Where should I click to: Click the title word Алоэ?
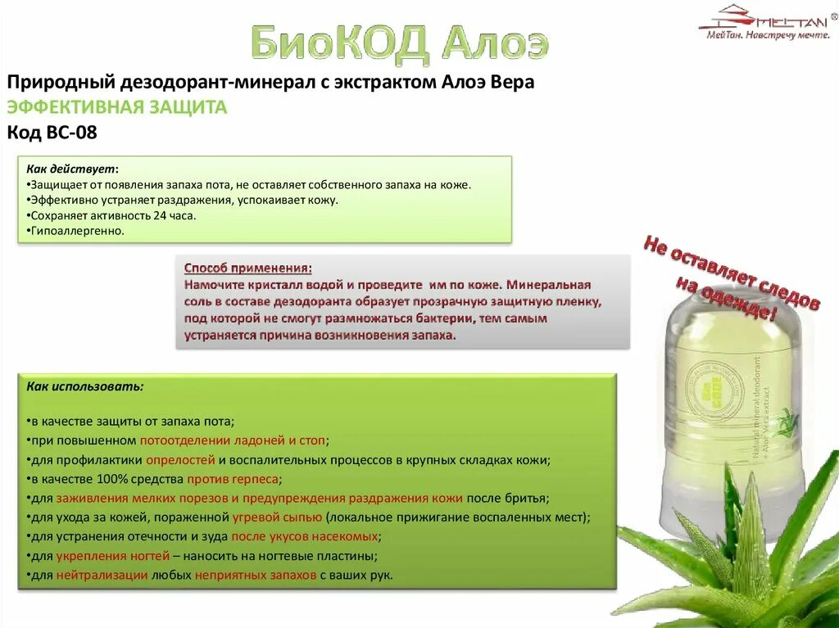[x=494, y=43]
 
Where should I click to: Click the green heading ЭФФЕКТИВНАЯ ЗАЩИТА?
[x=116, y=107]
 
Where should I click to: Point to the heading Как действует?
[x=71, y=169]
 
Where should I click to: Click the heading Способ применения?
[x=247, y=269]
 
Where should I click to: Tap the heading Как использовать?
[x=85, y=386]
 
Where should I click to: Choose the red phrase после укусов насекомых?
[x=306, y=536]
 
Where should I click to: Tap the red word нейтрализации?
[x=102, y=575]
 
